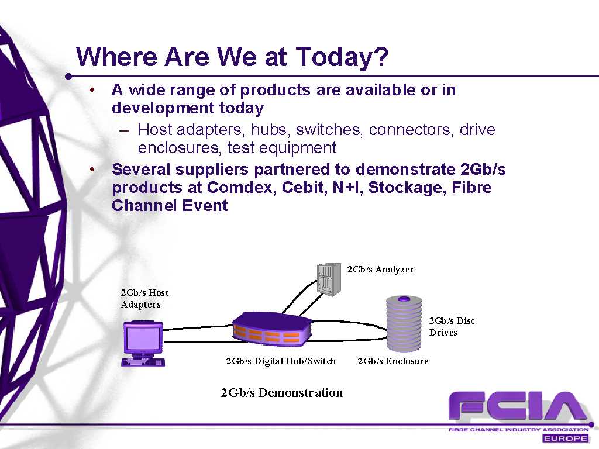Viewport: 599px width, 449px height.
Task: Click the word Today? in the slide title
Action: (x=342, y=58)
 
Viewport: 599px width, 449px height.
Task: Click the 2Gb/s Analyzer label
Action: (x=380, y=270)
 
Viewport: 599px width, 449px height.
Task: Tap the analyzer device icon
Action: (x=329, y=279)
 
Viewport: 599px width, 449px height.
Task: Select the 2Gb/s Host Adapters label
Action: (x=144, y=299)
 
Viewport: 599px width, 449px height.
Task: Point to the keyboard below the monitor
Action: (x=143, y=362)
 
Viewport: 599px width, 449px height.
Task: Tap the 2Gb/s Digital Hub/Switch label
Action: (x=281, y=361)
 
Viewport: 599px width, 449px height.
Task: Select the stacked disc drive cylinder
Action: (x=404, y=323)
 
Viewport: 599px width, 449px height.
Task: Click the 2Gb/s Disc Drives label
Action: (x=452, y=326)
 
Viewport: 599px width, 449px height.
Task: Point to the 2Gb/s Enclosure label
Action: (x=393, y=361)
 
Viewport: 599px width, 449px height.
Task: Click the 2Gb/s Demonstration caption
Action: (x=281, y=393)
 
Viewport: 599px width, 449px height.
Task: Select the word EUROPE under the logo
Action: (x=565, y=438)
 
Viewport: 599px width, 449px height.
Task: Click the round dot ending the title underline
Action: (x=68, y=77)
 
